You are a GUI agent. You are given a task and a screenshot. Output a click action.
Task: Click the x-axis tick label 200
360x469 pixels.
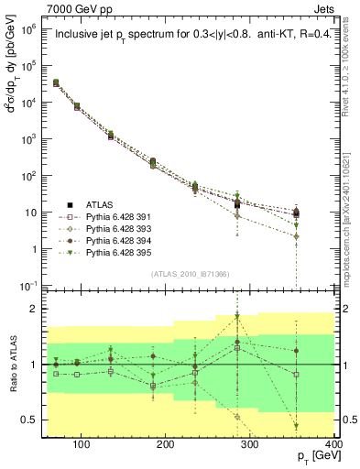pos(166,445)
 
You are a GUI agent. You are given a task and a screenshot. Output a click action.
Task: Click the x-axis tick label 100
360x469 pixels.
pos(82,445)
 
